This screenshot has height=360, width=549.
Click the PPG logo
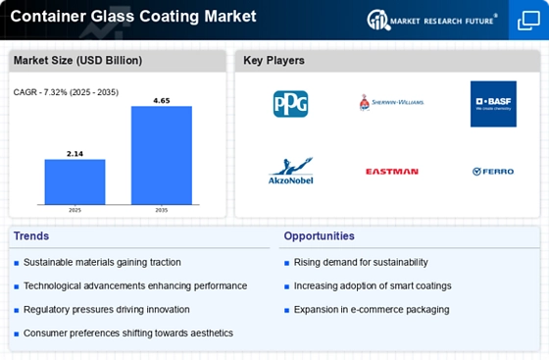(x=290, y=103)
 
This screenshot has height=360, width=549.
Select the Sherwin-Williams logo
(x=391, y=102)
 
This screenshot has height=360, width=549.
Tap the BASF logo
(x=493, y=103)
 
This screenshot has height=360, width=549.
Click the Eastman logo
(x=391, y=171)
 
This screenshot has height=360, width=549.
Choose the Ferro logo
(x=493, y=171)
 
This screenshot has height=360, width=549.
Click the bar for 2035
(x=162, y=153)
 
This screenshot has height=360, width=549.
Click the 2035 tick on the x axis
(x=162, y=209)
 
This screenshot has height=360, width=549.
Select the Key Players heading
(x=274, y=61)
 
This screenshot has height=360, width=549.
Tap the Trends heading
(x=32, y=236)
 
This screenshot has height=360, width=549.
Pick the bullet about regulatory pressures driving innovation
(x=106, y=309)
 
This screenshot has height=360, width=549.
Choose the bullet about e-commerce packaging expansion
(x=371, y=309)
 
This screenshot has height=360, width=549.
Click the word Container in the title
(x=50, y=16)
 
